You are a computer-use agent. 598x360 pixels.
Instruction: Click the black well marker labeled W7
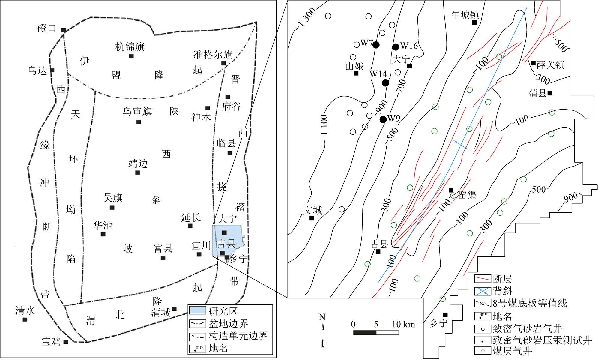(x=376, y=45)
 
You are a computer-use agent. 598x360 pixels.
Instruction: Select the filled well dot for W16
(x=396, y=47)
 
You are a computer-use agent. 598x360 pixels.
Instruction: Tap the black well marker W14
(x=385, y=83)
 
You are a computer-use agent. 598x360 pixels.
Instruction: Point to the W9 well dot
(x=383, y=119)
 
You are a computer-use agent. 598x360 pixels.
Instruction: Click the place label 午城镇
(x=465, y=15)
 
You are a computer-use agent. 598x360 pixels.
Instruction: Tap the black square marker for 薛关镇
(x=533, y=63)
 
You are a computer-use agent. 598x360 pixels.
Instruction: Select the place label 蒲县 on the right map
(x=537, y=93)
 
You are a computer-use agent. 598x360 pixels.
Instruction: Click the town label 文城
(x=312, y=210)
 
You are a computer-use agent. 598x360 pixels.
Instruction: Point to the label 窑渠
(x=467, y=195)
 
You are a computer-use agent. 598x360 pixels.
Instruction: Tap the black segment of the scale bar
(x=365, y=332)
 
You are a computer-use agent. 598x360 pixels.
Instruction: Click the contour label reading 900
(x=570, y=197)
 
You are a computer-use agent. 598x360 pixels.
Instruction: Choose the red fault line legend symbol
(x=483, y=279)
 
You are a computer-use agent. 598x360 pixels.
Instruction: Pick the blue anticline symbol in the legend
(x=483, y=291)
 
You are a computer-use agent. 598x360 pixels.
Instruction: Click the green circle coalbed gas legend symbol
(x=483, y=350)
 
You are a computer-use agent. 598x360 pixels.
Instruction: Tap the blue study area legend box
(x=197, y=311)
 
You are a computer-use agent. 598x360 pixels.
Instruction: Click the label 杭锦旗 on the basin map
(x=130, y=47)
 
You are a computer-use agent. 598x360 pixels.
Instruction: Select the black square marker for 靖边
(x=138, y=172)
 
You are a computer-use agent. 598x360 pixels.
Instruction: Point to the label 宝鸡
(x=51, y=341)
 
